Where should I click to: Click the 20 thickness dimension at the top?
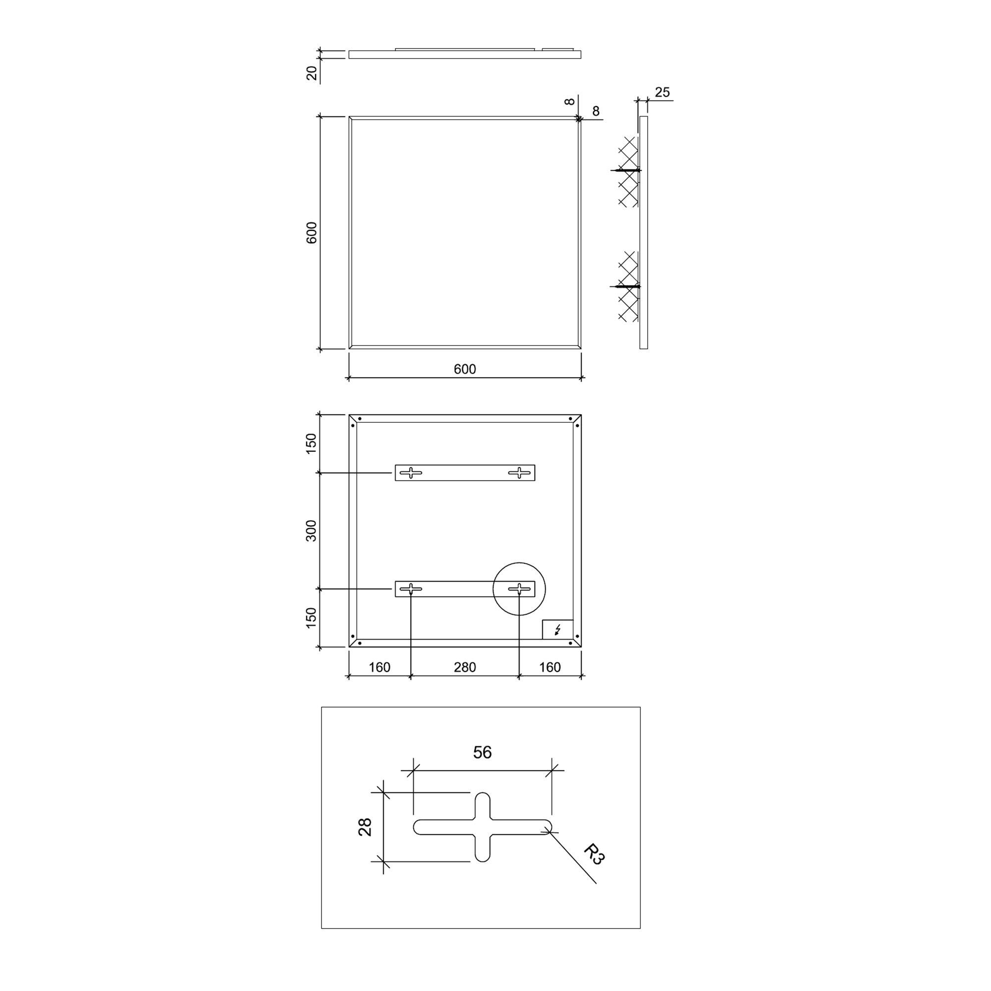(312, 73)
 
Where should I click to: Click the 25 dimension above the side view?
(662, 92)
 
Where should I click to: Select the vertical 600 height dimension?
(312, 232)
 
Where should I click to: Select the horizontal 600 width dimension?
(465, 369)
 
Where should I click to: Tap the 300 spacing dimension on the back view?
(312, 530)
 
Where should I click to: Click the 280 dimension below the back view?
(465, 667)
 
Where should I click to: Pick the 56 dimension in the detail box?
(482, 753)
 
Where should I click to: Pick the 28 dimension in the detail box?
(365, 827)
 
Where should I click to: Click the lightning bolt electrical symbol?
(557, 629)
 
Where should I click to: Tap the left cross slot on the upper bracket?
(411, 472)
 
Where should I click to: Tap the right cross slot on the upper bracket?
(519, 472)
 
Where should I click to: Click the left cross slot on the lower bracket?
(411, 589)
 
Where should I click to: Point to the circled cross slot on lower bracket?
(519, 589)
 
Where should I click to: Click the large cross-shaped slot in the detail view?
(482, 827)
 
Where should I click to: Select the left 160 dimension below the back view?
(380, 667)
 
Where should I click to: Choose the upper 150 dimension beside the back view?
(312, 443)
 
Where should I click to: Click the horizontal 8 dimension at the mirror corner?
(596, 111)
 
